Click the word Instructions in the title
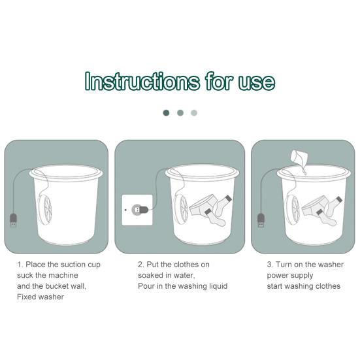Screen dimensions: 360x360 142,81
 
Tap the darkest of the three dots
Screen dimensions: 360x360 166,113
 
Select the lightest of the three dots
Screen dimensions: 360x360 194,113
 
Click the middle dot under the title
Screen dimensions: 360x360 180,113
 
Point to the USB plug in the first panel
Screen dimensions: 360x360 13,220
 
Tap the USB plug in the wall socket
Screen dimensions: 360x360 140,210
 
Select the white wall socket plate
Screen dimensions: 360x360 137,210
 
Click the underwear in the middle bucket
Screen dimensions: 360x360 202,205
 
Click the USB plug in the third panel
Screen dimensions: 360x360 261,220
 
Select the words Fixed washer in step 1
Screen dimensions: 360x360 41,297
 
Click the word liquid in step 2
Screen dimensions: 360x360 218,286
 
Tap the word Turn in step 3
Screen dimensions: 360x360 284,265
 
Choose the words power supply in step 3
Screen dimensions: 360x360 290,276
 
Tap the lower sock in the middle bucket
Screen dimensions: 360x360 214,218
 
